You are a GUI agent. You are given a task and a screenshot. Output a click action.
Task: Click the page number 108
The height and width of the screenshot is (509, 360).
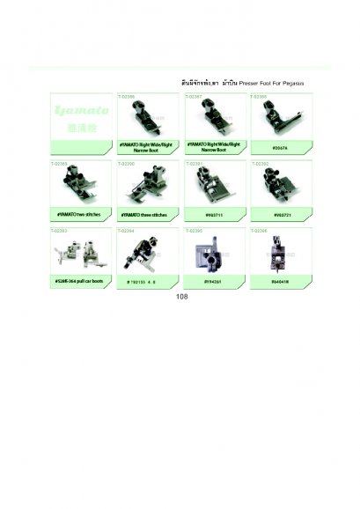click(x=181, y=297)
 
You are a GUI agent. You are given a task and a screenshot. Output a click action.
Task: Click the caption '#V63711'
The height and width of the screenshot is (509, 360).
click(x=212, y=214)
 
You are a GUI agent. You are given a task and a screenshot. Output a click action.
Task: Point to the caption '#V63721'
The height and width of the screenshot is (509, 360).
click(x=277, y=214)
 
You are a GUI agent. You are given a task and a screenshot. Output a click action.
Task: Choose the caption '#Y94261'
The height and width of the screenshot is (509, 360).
click(x=212, y=280)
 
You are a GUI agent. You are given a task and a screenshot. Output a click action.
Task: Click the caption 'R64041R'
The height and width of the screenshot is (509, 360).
click(x=277, y=280)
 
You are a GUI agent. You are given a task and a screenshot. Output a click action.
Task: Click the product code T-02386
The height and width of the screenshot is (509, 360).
click(x=128, y=95)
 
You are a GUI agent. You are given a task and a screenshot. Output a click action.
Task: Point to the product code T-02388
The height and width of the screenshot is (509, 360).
click(x=261, y=95)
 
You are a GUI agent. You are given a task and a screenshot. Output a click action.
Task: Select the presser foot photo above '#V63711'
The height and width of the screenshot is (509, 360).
click(x=212, y=186)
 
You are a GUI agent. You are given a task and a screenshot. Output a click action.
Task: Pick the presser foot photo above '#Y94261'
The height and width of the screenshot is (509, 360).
click(x=212, y=254)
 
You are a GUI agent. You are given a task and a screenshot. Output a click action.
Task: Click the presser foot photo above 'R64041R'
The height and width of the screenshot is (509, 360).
click(x=277, y=254)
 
